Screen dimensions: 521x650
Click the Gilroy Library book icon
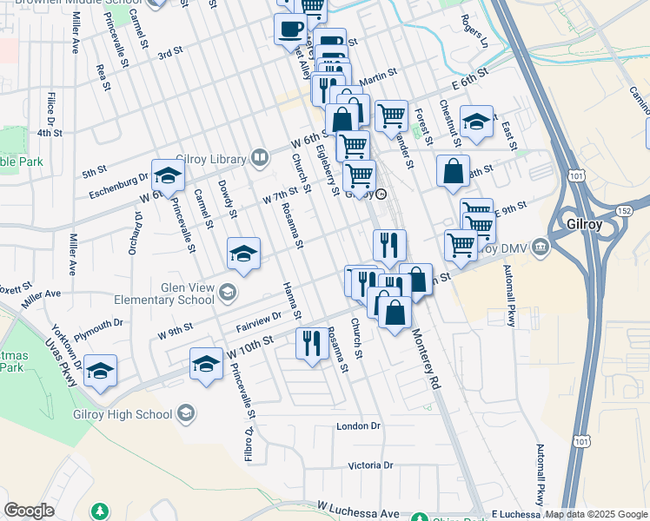tap(259, 157)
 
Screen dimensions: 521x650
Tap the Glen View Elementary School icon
tap(228, 292)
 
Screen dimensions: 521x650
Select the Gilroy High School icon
tap(185, 414)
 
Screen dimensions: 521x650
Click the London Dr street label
tap(359, 426)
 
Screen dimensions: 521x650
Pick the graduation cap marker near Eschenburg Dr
tap(168, 176)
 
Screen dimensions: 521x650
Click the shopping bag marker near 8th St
tap(453, 171)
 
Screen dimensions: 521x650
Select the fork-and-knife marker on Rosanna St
tap(311, 343)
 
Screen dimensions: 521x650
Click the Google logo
tap(29, 511)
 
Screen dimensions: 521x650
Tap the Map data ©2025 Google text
tap(596, 514)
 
